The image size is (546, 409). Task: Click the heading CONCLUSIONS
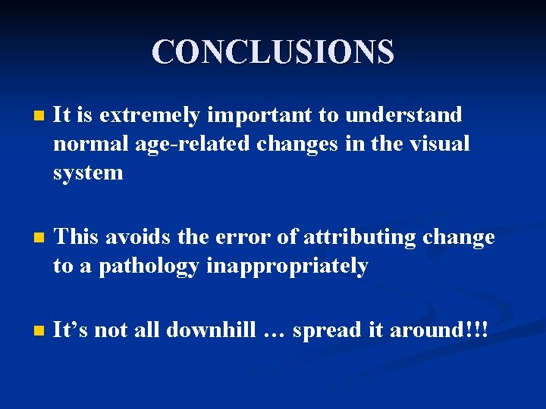[273, 52]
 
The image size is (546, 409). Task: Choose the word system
[88, 172]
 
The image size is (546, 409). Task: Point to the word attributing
[359, 237]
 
